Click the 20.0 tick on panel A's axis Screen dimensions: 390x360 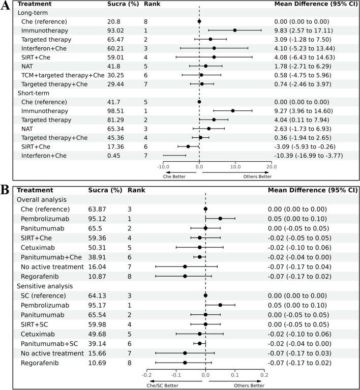pyautogui.click(x=272, y=165)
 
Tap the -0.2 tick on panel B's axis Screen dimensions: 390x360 pyautogui.click(x=146, y=374)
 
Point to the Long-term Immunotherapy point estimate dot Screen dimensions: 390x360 pyautogui.click(x=234, y=31)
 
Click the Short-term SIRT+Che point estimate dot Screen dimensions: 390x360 pyautogui.click(x=188, y=146)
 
